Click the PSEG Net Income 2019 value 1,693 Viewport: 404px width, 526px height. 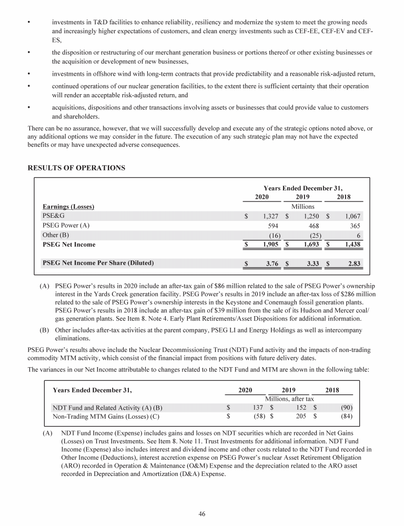click(x=309, y=245)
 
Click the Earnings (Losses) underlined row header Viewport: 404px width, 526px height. click(x=68, y=207)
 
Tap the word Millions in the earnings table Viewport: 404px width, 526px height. click(x=302, y=207)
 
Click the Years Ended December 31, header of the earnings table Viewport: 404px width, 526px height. click(x=306, y=188)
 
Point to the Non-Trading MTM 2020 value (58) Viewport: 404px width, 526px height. click(x=256, y=417)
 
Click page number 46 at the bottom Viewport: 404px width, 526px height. click(x=202, y=514)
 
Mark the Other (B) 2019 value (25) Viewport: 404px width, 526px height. click(x=313, y=235)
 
